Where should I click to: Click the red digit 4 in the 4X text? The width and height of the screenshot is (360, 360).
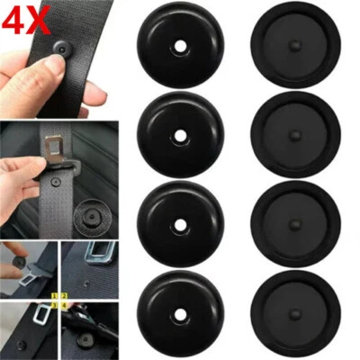pos(16,19)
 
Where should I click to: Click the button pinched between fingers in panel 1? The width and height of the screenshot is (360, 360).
pos(22,258)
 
